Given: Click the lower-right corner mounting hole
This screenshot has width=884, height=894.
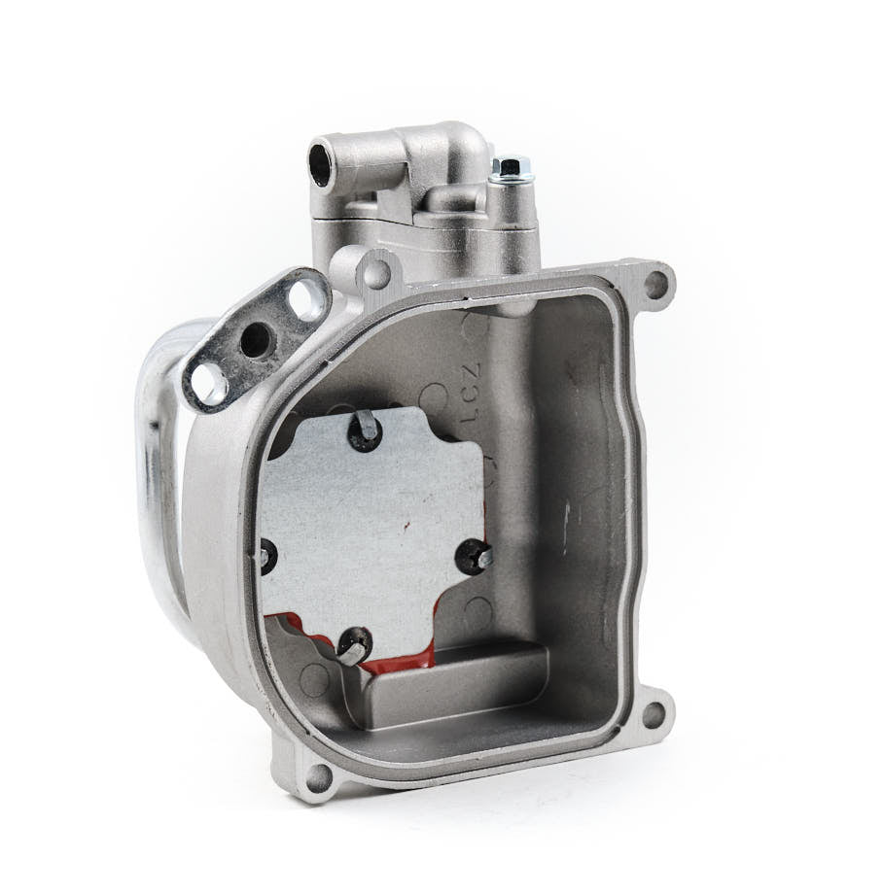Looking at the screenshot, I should [x=654, y=714].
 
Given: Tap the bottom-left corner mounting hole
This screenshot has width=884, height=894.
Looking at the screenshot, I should [x=317, y=774].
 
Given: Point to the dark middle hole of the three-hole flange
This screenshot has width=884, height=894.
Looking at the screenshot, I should [x=258, y=339].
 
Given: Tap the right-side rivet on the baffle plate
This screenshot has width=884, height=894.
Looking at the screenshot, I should [x=477, y=555].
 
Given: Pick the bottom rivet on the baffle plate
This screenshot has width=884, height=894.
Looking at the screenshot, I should [x=352, y=646].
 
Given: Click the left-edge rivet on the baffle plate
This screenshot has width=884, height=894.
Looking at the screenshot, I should [x=265, y=554].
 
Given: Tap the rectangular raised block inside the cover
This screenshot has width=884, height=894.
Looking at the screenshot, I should [x=457, y=685].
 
